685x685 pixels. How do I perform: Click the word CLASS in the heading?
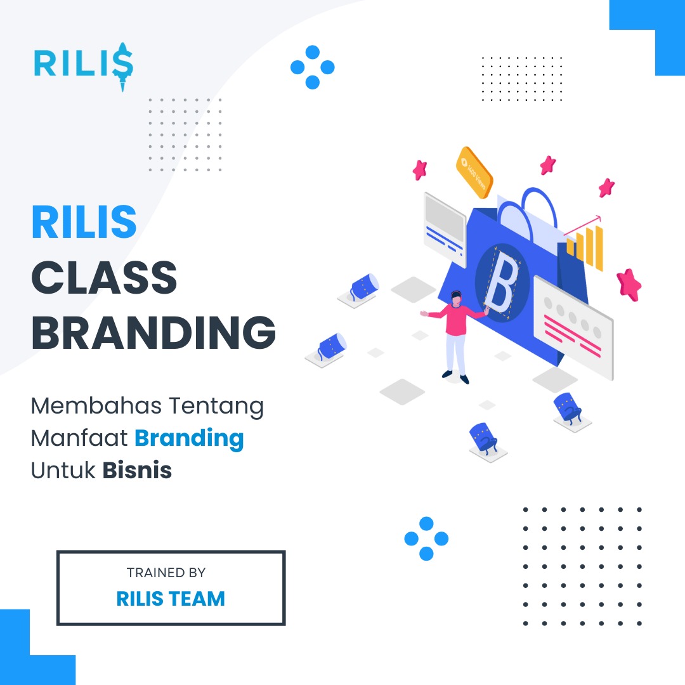pyautogui.click(x=104, y=277)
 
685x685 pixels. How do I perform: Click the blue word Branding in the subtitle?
pyautogui.click(x=189, y=439)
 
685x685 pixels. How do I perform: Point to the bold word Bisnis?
pyautogui.click(x=137, y=471)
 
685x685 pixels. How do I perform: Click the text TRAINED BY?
pyautogui.click(x=166, y=572)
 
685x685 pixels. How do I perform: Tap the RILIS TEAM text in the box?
pyautogui.click(x=171, y=599)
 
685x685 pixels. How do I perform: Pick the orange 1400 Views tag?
pyautogui.click(x=474, y=172)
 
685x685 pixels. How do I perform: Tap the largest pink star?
pyautogui.click(x=629, y=285)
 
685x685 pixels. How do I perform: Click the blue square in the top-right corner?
pyautogui.click(x=648, y=37)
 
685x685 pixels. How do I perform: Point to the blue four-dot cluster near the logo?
pyautogui.click(x=312, y=67)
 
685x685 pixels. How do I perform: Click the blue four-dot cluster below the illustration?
pyautogui.click(x=426, y=538)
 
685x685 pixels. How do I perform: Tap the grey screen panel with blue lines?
pyautogui.click(x=445, y=230)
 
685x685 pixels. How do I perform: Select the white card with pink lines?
pyautogui.click(x=573, y=328)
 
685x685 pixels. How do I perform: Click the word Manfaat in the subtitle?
pyautogui.click(x=79, y=438)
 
